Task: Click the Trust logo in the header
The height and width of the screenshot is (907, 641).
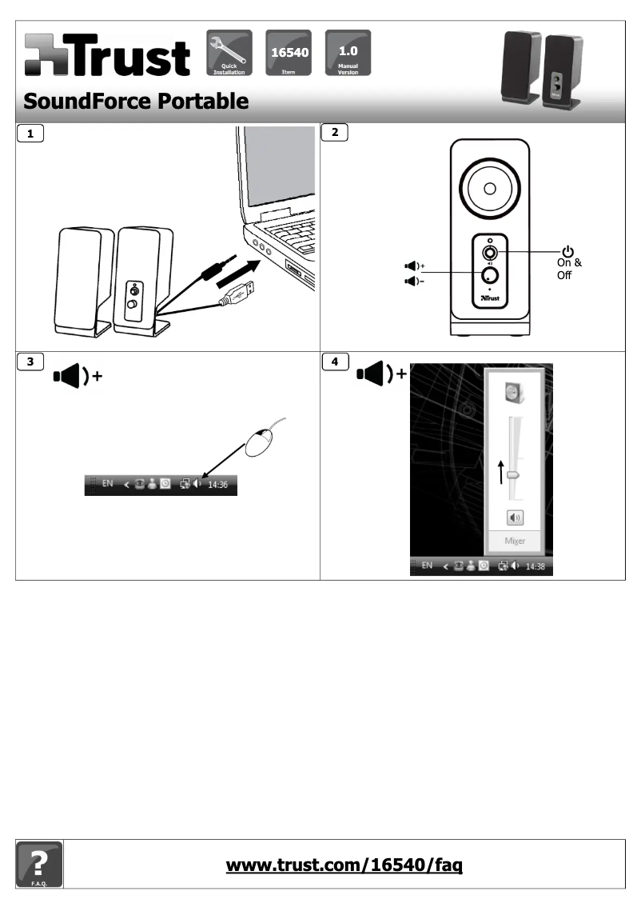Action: point(107,56)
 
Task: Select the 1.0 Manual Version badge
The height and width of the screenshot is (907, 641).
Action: point(347,52)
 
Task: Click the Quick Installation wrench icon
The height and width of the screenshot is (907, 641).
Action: point(229,52)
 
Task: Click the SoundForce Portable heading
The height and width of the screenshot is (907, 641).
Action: point(135,102)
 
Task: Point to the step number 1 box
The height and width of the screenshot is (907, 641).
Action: point(31,134)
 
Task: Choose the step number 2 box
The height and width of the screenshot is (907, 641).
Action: point(336,134)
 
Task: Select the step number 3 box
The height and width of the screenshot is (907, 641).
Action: point(31,361)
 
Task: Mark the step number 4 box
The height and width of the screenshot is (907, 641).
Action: point(336,361)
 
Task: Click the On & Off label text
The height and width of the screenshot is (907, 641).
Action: point(568,268)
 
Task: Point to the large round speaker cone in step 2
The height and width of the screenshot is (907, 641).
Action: point(489,189)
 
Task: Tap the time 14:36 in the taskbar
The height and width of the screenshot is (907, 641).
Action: point(217,485)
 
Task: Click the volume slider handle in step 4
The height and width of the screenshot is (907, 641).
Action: point(513,474)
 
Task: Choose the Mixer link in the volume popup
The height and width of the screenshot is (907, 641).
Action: point(515,541)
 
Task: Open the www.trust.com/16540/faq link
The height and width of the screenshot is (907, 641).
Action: point(344,865)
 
